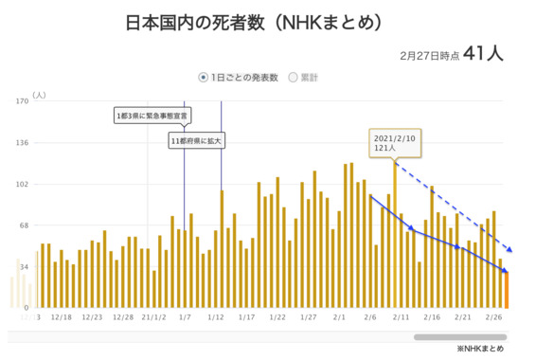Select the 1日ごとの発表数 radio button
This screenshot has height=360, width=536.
[203, 77]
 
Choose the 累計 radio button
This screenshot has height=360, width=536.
[293, 77]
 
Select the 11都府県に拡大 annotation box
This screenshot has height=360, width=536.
[197, 141]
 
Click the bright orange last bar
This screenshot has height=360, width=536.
[506, 289]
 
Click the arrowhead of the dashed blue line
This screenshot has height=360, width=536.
[510, 250]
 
